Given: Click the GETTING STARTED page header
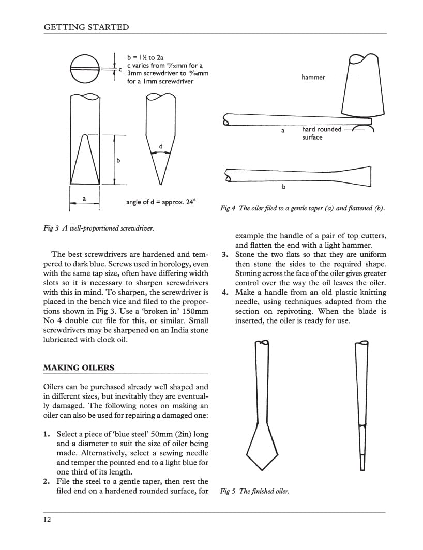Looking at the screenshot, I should [x=86, y=27].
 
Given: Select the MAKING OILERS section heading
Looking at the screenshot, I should [x=79, y=368].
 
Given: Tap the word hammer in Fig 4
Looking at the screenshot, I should [x=313, y=78].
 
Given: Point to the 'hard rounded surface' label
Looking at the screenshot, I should [x=321, y=133].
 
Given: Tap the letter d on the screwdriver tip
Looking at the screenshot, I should [x=161, y=147].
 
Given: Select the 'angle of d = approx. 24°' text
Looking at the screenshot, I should [x=161, y=202].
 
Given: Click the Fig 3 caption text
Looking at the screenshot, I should [x=98, y=228].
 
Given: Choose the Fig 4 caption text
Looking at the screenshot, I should [x=303, y=208].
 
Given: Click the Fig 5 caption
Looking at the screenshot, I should [x=254, y=491].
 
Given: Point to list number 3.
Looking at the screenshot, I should [x=225, y=254].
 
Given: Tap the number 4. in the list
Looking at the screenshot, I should [x=225, y=293].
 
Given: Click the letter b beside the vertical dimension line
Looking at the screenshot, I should [x=118, y=161].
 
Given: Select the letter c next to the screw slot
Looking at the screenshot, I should [x=120, y=69].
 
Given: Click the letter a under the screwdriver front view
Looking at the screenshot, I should [x=84, y=198].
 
